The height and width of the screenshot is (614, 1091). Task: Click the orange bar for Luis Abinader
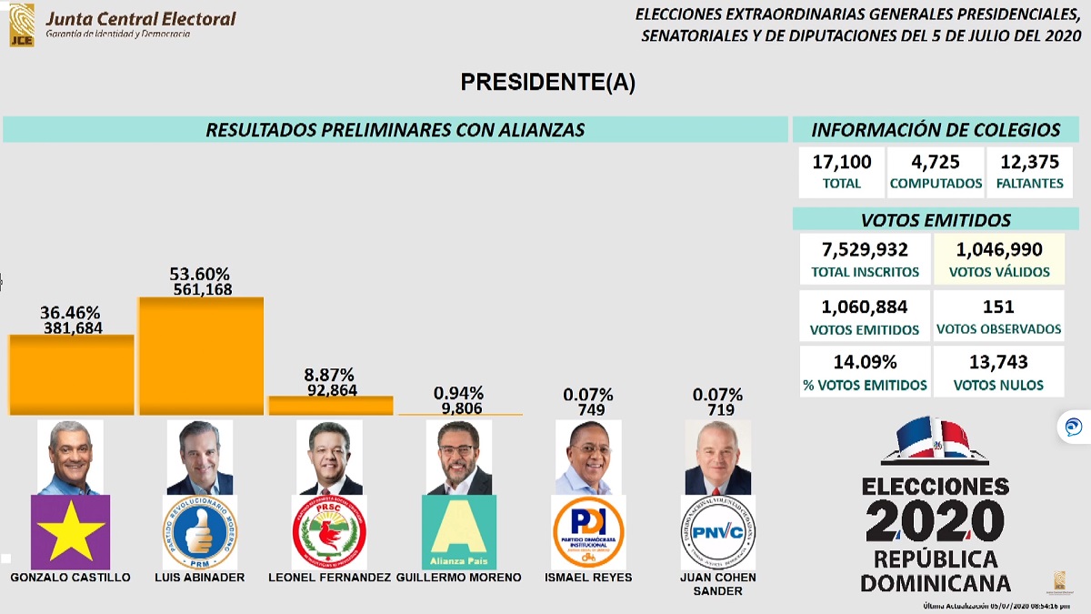pyautogui.click(x=201, y=357)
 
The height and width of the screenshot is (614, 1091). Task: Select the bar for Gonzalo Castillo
pyautogui.click(x=71, y=375)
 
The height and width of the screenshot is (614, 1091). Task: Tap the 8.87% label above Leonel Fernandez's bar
pyautogui.click(x=330, y=375)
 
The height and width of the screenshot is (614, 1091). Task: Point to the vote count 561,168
pyautogui.click(x=202, y=290)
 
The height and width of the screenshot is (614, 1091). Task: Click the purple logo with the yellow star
pyautogui.click(x=70, y=532)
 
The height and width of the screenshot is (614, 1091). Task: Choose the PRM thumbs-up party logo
pyautogui.click(x=200, y=532)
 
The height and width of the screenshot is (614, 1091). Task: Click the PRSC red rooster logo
pyautogui.click(x=329, y=532)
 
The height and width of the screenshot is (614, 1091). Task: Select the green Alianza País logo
pyautogui.click(x=459, y=532)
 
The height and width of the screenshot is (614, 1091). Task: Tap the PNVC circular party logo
pyautogui.click(x=717, y=532)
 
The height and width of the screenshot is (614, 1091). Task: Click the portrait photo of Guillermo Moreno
pyautogui.click(x=458, y=457)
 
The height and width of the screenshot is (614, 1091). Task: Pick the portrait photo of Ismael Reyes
pyautogui.click(x=588, y=457)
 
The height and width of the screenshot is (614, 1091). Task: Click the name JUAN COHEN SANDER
pyautogui.click(x=717, y=584)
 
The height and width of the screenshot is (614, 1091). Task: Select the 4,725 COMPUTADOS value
pyautogui.click(x=936, y=163)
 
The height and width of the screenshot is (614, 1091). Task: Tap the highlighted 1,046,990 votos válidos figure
pyautogui.click(x=998, y=249)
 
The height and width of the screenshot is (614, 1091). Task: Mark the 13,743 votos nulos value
pyautogui.click(x=998, y=362)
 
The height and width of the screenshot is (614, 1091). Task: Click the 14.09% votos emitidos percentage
pyautogui.click(x=864, y=362)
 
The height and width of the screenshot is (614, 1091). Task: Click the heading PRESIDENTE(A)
pyautogui.click(x=547, y=83)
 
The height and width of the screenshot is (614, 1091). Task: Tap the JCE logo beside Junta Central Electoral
pyautogui.click(x=21, y=25)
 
